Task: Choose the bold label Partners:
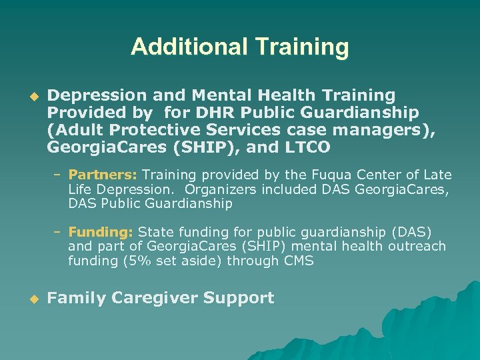coord(103,175)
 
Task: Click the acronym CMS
coord(299,261)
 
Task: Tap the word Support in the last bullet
coord(241,298)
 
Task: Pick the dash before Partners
coord(58,175)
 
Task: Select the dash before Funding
coord(58,232)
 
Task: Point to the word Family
coord(73,298)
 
